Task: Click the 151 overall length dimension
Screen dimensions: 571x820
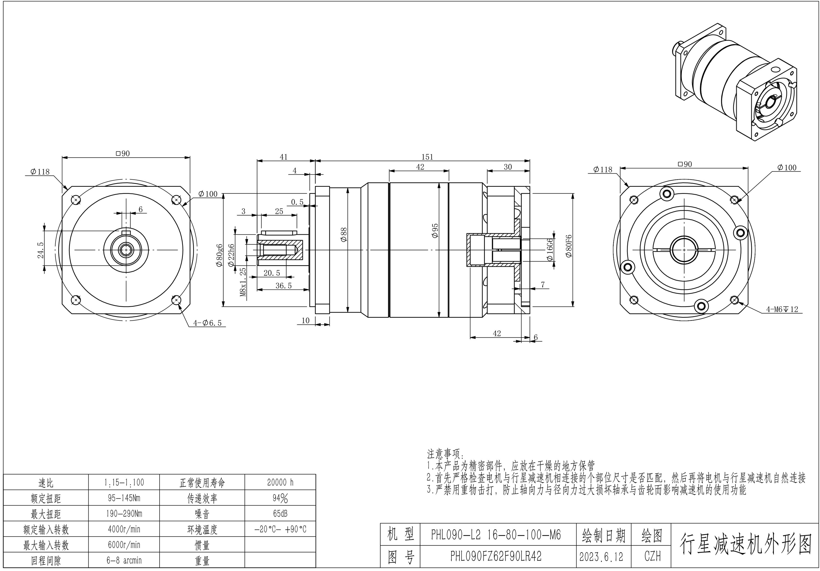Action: click(427, 157)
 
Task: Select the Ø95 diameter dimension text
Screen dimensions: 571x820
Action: click(435, 231)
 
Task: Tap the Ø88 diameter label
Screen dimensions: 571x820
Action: click(344, 235)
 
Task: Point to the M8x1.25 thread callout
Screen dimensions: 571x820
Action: click(243, 282)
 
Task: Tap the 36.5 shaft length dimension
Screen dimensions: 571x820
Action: click(284, 285)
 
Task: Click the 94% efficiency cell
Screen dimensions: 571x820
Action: click(280, 498)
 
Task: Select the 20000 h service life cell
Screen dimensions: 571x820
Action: click(280, 482)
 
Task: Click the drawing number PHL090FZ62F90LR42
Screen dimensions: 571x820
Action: click(496, 556)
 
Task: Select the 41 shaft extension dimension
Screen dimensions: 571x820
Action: click(284, 157)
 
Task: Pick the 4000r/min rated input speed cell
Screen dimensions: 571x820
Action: click(124, 529)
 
